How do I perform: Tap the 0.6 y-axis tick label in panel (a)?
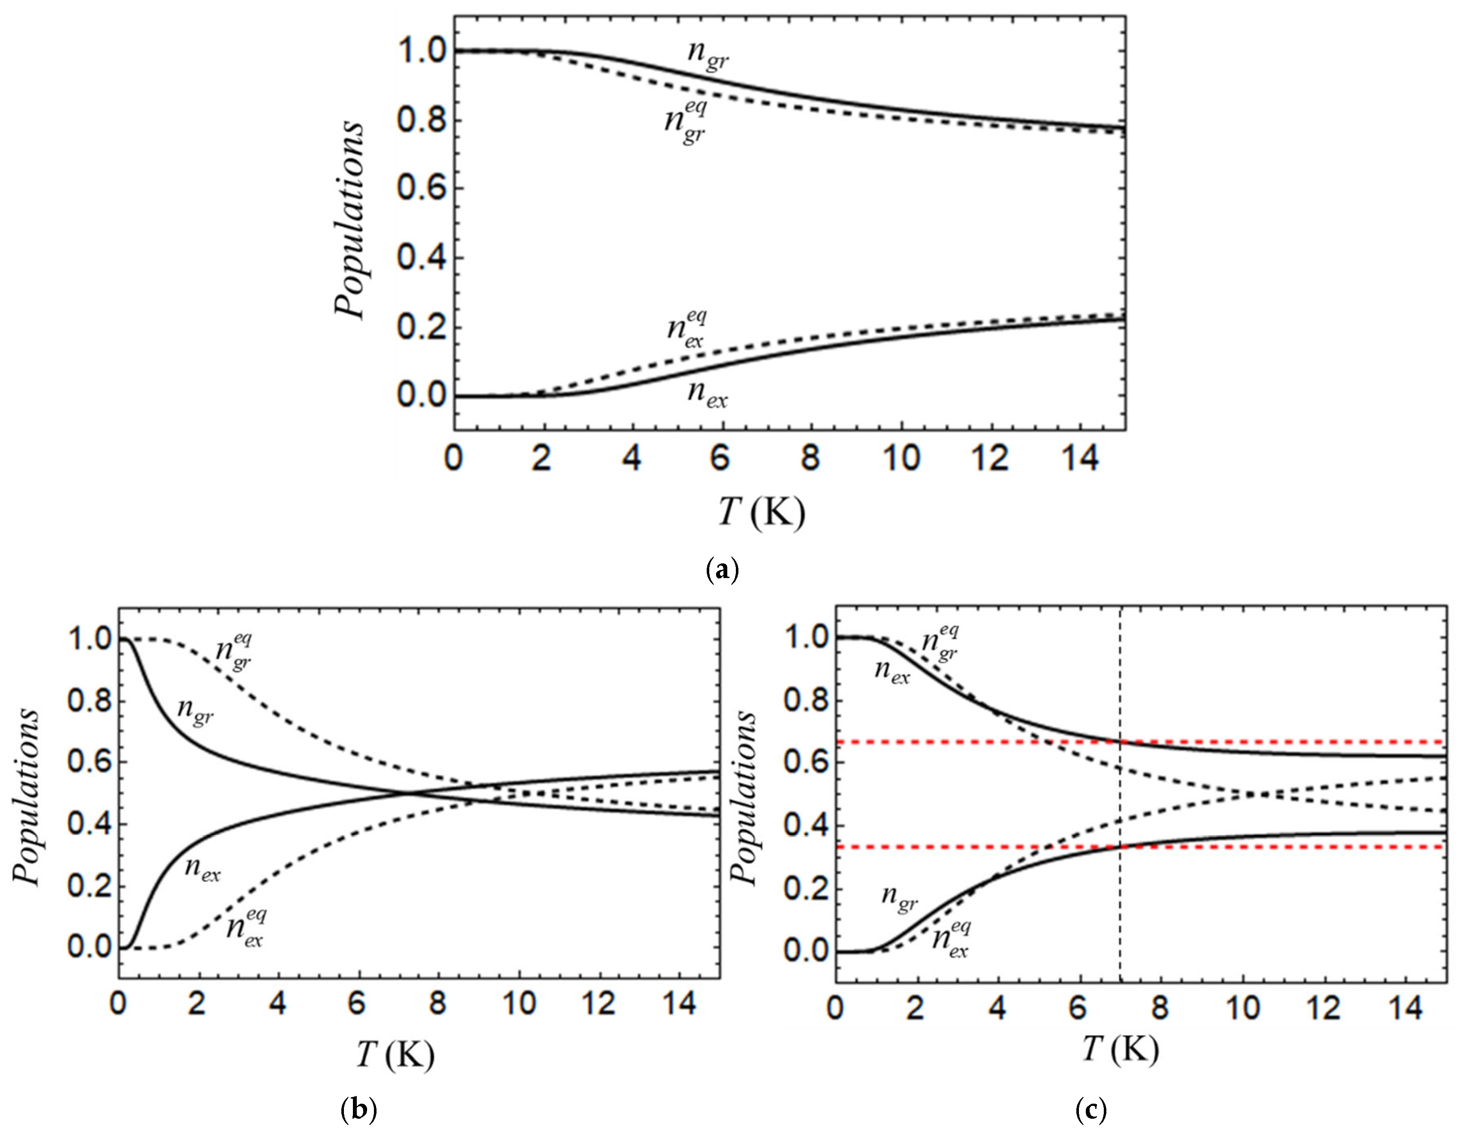(422, 189)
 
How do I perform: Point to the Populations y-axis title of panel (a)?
(350, 220)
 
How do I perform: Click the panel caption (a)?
(722, 571)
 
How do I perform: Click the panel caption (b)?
(358, 1110)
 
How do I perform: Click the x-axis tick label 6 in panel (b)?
(357, 1005)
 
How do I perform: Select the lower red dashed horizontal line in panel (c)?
(1268, 847)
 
